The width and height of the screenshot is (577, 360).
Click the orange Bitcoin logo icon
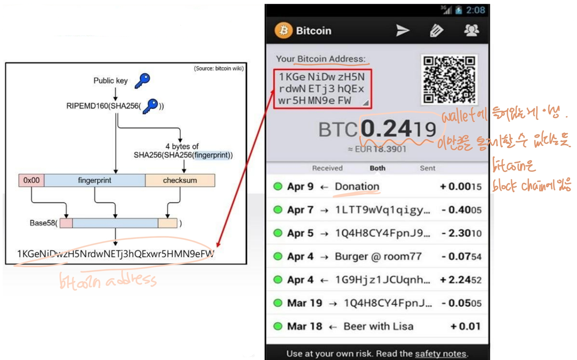click(283, 30)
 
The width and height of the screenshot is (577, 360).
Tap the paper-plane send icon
click(403, 30)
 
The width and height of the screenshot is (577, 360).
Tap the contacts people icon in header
click(471, 30)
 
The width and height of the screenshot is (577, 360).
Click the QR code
click(449, 79)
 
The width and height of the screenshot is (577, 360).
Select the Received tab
click(327, 168)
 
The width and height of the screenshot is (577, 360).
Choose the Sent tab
click(428, 168)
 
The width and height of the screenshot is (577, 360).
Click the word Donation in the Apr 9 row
click(357, 187)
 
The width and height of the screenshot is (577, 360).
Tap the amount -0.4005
click(461, 210)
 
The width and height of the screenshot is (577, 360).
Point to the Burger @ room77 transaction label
click(378, 257)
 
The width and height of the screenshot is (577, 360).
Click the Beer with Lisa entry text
click(378, 326)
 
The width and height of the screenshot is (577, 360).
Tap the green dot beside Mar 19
click(278, 303)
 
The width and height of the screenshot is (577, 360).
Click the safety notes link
click(440, 353)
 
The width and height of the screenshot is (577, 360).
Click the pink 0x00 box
click(32, 180)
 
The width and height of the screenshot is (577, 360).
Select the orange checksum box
click(180, 180)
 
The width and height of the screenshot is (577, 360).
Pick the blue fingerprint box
click(94, 180)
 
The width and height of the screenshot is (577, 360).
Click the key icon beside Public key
click(143, 81)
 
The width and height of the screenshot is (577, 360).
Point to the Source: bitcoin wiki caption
click(218, 69)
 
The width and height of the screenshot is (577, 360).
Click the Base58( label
click(44, 223)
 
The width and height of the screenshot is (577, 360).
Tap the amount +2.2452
click(461, 280)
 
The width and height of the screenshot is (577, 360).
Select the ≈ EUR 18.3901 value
click(377, 149)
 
